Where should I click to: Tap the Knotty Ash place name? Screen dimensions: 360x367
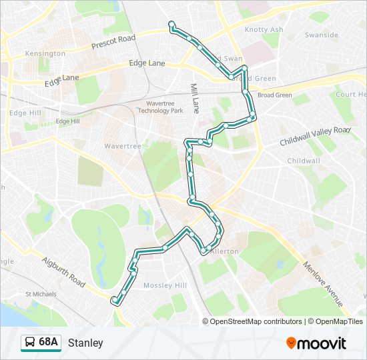coord(264,30)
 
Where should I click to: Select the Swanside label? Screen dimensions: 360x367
coord(321,35)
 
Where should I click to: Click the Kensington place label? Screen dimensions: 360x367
coord(45,53)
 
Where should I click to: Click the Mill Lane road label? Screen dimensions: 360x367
coord(195,99)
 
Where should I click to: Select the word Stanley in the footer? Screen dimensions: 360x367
coord(85,343)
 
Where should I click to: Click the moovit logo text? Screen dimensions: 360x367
coord(323,343)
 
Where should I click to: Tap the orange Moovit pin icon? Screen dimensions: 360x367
coord(292,343)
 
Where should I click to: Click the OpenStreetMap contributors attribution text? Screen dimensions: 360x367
coord(256,321)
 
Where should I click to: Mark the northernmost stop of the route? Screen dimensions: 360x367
coord(172,25)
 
